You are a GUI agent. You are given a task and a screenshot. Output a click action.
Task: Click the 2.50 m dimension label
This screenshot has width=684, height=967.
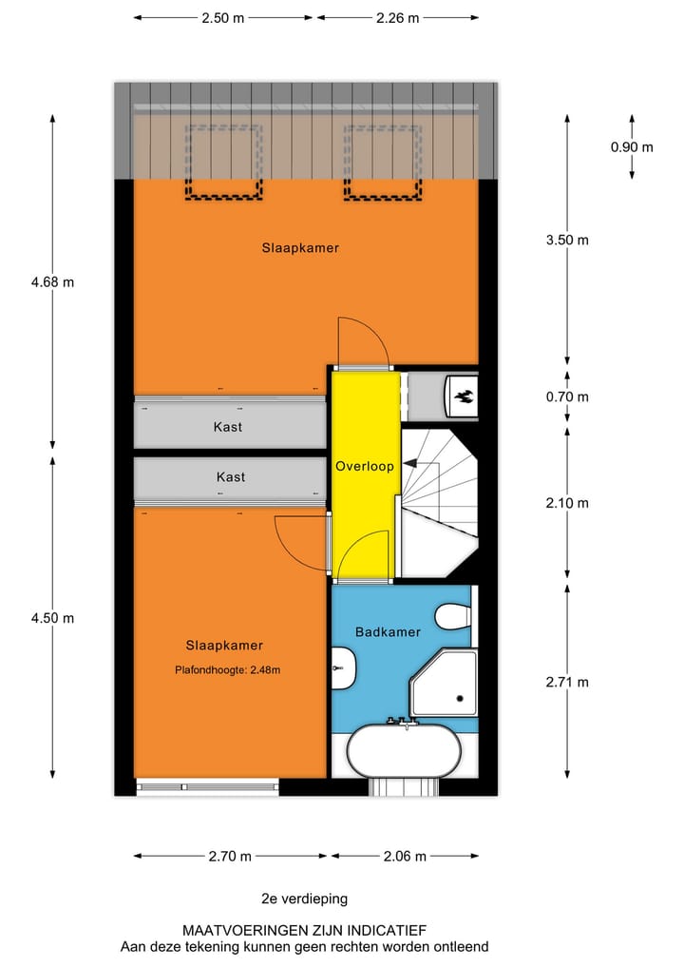click(223, 17)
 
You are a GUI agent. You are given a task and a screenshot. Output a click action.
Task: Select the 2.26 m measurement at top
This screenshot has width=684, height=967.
click(397, 17)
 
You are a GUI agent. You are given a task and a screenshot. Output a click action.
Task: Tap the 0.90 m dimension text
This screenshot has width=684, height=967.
click(632, 146)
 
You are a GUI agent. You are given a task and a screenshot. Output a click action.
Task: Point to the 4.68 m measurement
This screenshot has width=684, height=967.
click(52, 281)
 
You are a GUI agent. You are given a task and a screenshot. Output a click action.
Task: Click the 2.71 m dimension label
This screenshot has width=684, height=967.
click(567, 682)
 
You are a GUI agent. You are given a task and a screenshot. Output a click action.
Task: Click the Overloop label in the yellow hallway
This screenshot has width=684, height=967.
click(364, 467)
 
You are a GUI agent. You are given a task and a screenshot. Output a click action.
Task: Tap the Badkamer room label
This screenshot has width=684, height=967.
click(388, 631)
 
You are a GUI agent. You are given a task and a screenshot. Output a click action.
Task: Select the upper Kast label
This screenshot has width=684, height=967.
click(227, 427)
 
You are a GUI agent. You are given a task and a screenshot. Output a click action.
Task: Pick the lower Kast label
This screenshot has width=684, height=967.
click(231, 476)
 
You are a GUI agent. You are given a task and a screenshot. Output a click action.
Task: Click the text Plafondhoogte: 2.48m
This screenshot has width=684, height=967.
click(227, 669)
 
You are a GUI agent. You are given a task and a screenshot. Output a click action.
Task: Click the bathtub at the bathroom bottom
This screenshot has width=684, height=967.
click(404, 752)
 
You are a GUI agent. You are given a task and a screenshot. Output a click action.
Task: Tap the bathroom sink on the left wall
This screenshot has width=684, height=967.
click(343, 669)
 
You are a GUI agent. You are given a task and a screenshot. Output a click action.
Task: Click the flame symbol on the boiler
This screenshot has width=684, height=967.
click(463, 396)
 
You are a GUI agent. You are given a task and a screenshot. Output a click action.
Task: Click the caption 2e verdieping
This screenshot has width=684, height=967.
click(305, 898)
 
